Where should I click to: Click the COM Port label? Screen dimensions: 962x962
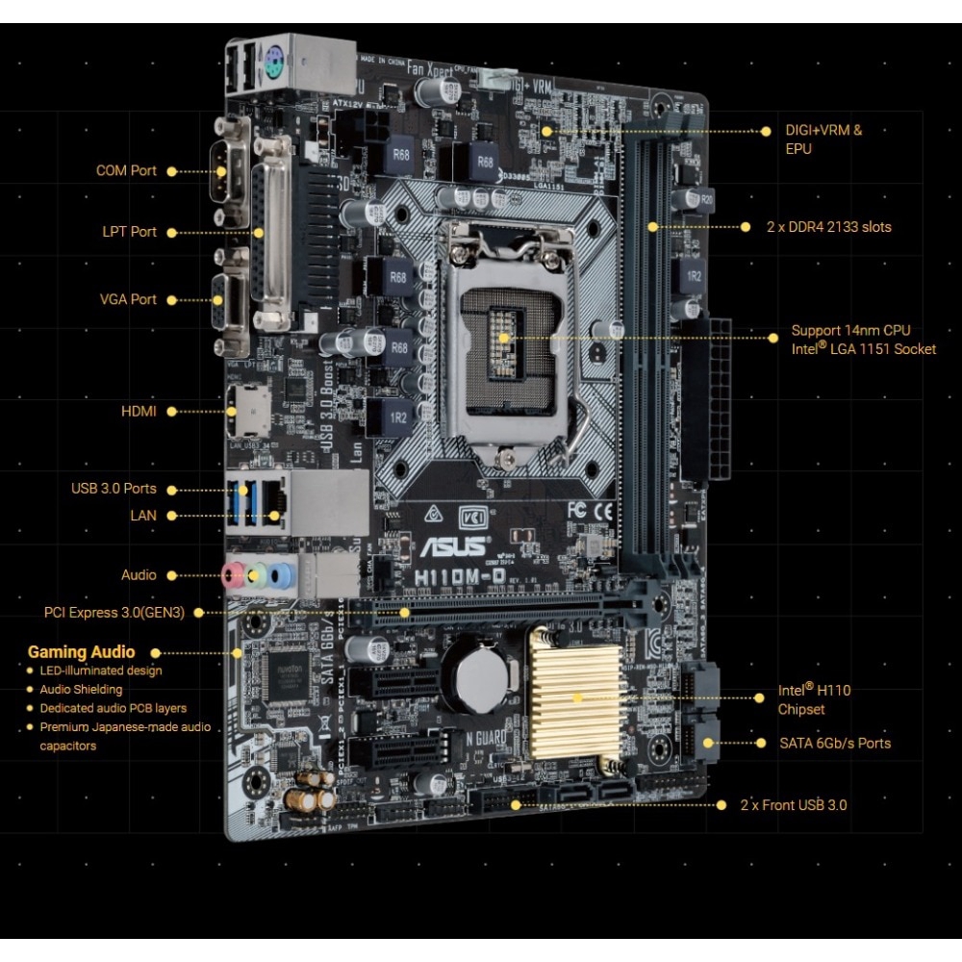coord(125,171)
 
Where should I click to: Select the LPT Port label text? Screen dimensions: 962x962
coord(129,232)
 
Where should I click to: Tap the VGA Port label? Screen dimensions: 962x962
coord(128,299)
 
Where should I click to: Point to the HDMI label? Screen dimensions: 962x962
coord(139,411)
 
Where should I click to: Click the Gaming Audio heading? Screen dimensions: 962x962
coord(81,652)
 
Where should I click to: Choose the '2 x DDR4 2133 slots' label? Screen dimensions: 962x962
coord(828,227)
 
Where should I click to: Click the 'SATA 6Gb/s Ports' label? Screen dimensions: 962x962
coord(835,743)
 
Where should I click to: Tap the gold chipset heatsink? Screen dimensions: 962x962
coord(576,696)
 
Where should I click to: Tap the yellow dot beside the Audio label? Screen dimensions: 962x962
coord(173,575)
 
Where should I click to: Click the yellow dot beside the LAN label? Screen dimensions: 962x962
coord(173,516)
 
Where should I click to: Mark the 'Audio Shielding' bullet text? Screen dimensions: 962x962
coord(81,690)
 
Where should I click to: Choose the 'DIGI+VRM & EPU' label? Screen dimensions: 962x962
coord(823,139)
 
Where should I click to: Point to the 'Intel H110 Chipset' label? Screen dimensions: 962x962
coord(814,699)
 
